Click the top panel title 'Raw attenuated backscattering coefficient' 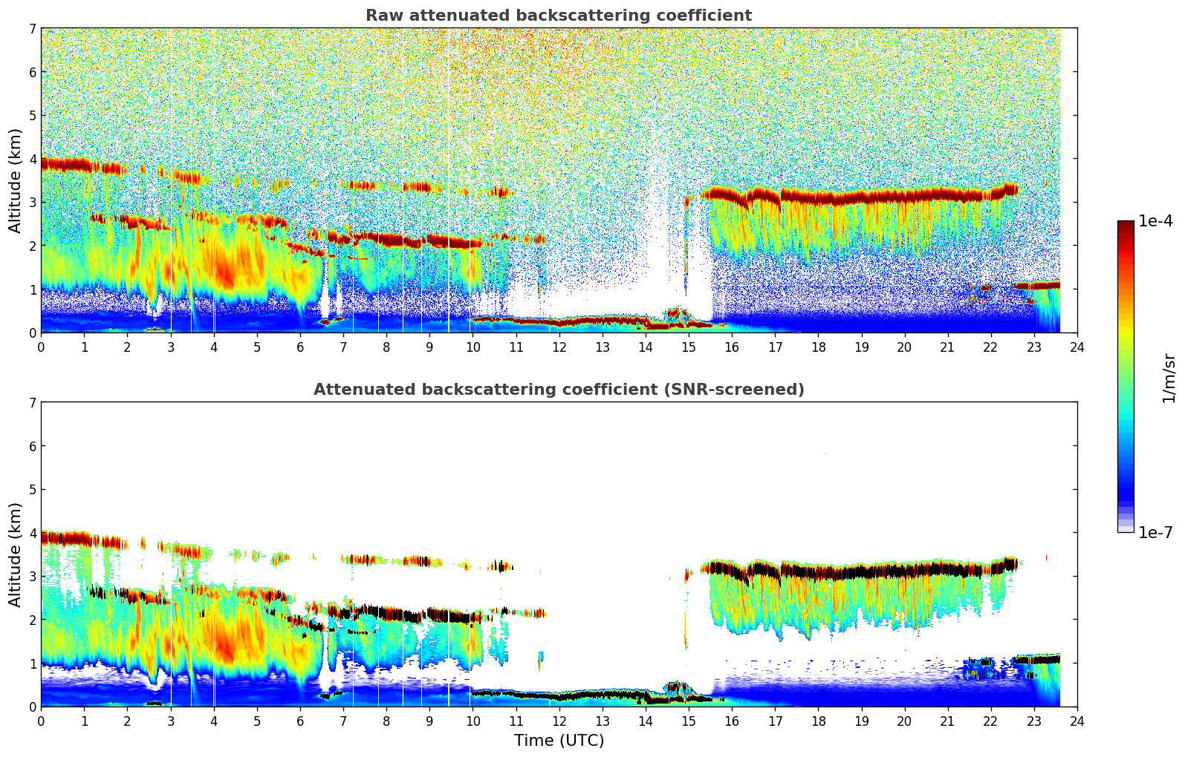coord(558,16)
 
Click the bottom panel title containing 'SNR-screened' coord(558,390)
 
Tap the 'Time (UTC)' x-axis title coord(559,741)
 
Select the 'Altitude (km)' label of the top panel coord(16,180)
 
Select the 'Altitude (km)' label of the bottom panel coord(16,554)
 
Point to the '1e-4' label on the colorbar coord(1155,221)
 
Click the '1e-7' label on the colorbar coord(1155,532)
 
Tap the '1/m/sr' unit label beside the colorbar coord(1169,378)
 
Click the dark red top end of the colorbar coord(1125,224)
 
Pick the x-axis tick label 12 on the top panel coord(559,347)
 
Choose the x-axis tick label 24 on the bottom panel coord(1077,721)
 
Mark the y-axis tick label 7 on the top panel coord(32,29)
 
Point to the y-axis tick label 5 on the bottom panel coord(32,490)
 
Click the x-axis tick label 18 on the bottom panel coord(818,721)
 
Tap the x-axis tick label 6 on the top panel coord(300,347)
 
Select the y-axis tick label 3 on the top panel coord(32,203)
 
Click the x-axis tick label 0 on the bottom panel coord(41,721)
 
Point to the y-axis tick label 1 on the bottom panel coord(32,663)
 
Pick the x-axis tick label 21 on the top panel coord(947,347)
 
